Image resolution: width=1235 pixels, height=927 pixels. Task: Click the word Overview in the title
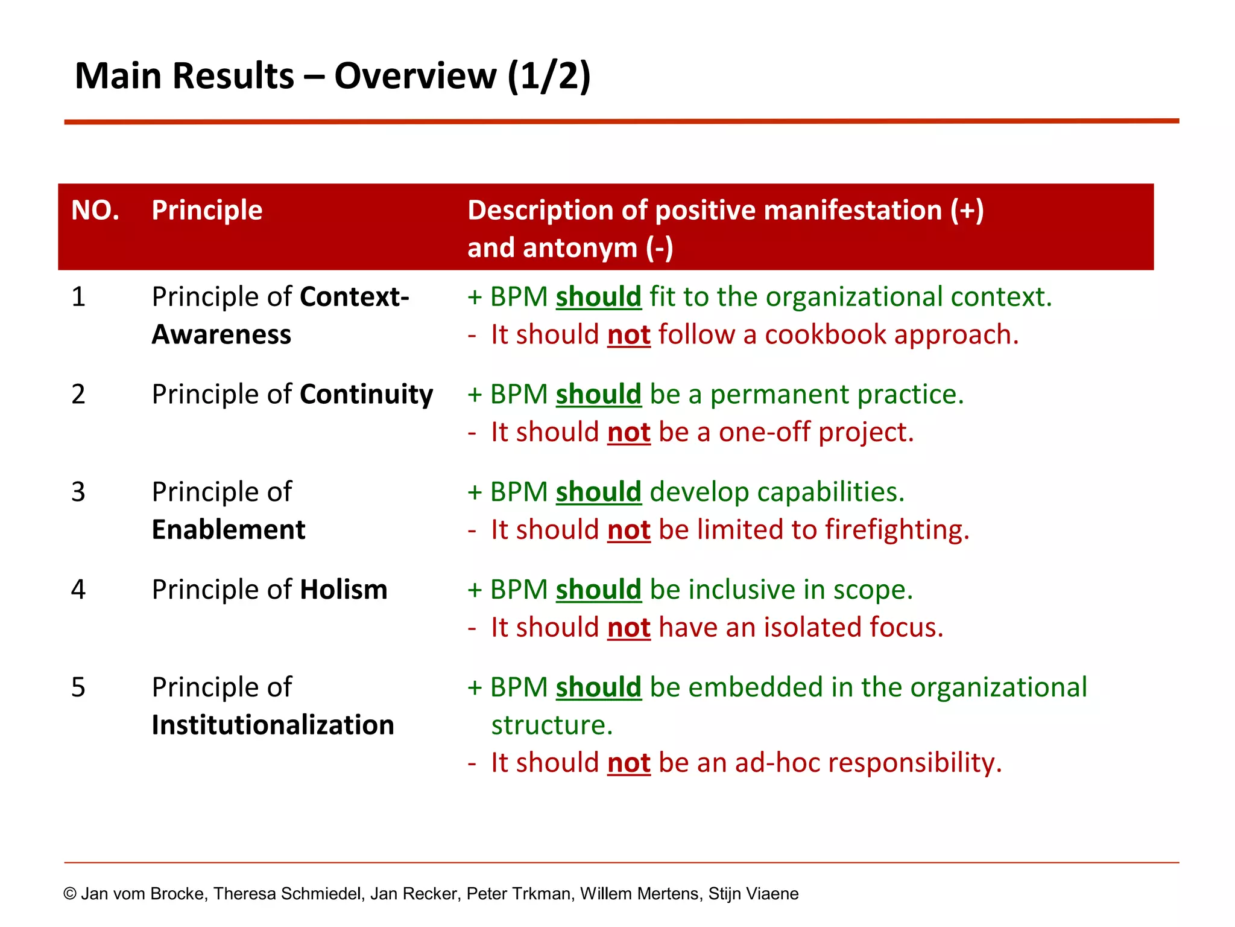point(415,77)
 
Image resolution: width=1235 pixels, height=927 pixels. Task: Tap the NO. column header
point(95,211)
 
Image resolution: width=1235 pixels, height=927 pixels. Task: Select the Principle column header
point(207,211)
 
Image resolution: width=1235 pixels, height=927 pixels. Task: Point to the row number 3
point(78,492)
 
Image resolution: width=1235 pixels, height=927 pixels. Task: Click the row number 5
point(78,687)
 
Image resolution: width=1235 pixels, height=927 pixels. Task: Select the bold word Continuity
point(366,395)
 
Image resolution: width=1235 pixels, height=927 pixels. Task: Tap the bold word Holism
point(344,590)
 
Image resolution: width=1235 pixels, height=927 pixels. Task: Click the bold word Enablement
point(229,530)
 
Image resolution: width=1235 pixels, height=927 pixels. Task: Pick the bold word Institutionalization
point(273,725)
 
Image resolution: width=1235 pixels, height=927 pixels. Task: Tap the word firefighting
point(896,530)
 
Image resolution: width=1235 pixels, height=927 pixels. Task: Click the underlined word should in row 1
point(598,297)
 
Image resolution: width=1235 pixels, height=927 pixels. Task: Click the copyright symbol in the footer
point(70,894)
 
